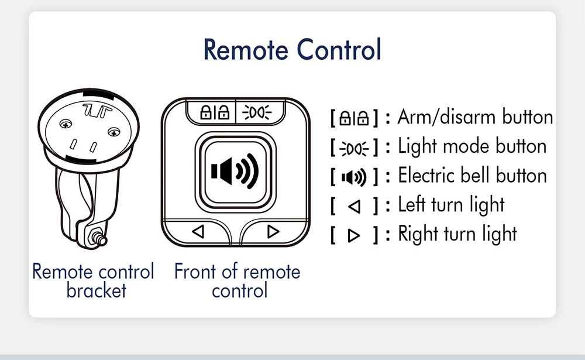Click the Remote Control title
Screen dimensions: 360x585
click(292, 50)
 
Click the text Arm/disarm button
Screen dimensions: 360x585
click(475, 117)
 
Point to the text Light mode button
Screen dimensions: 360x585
click(472, 146)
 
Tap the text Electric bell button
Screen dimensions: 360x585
click(472, 176)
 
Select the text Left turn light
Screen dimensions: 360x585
click(451, 205)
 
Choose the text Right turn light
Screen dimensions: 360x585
click(457, 234)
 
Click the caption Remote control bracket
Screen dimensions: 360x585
click(94, 280)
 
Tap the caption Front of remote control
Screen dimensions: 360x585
click(238, 280)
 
